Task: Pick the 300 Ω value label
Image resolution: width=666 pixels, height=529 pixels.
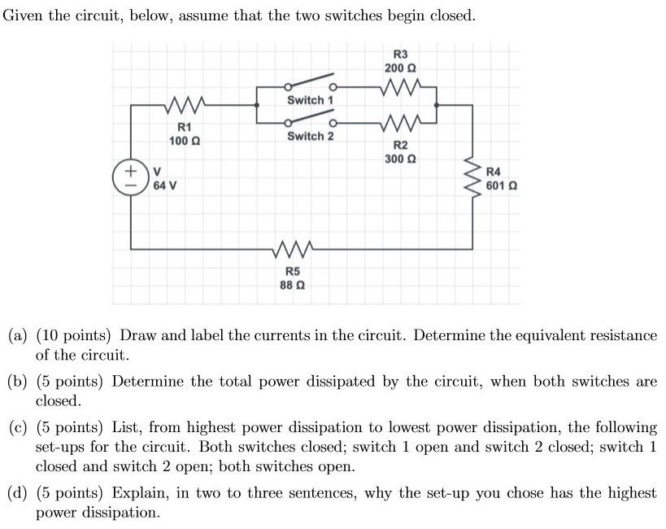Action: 399,158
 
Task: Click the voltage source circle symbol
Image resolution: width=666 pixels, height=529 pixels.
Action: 128,178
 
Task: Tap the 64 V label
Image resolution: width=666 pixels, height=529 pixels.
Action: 165,186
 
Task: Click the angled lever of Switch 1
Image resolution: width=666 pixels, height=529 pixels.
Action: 309,82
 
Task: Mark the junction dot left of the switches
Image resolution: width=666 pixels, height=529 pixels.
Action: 258,104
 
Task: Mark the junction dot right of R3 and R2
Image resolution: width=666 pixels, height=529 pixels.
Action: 437,104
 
